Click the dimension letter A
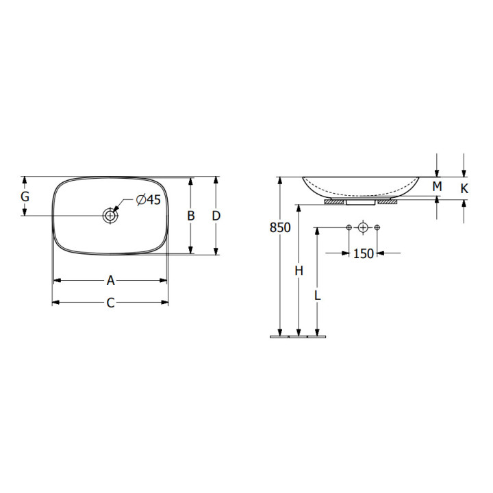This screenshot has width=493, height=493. [110, 281]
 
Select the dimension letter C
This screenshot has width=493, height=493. [110, 303]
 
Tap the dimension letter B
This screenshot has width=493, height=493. [191, 216]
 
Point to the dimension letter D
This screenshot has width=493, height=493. [216, 216]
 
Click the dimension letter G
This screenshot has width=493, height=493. [25, 197]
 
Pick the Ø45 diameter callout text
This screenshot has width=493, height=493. [149, 199]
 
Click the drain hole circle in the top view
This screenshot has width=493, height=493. [110, 216]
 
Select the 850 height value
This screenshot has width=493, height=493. [280, 227]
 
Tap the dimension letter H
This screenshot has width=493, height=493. [299, 270]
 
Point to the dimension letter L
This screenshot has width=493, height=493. [318, 295]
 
